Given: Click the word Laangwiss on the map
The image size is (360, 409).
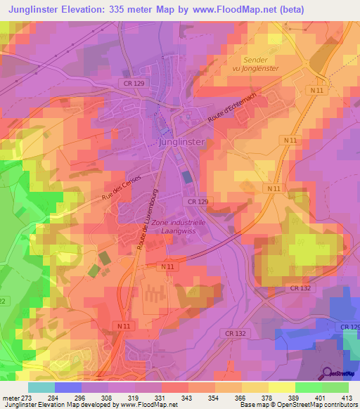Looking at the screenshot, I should tap(177, 231).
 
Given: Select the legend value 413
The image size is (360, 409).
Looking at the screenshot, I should tap(348, 397).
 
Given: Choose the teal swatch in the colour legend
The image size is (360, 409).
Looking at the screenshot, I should tap(41, 387).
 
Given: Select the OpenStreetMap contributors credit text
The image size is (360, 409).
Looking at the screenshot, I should tap(309, 405).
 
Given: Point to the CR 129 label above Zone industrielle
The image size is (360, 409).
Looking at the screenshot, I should tap(198, 202).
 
